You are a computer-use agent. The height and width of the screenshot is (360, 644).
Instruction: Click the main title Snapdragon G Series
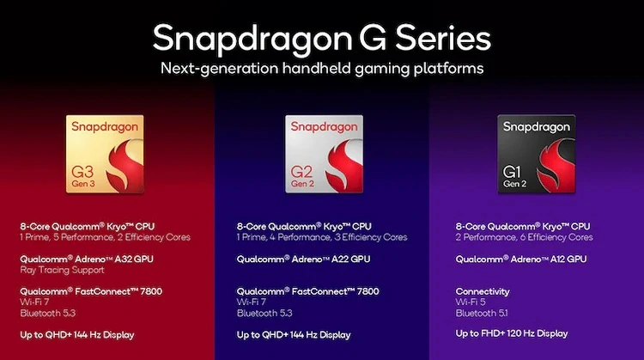coord(321,39)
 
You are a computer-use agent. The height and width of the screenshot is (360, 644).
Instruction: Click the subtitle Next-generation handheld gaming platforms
coord(321,68)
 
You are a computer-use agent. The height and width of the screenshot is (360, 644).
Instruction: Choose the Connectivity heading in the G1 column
coord(483,291)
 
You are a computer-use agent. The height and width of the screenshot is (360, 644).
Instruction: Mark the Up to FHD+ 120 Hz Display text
coord(512,333)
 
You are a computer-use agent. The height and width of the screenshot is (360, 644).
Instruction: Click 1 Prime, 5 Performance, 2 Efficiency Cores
coord(105,236)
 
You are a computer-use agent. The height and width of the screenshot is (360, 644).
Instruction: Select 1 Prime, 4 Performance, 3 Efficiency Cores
coord(321,236)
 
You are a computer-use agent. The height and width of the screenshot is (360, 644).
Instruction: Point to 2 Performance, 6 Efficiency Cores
coord(524,236)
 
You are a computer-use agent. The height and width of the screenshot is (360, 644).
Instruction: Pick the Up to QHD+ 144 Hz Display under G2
coord(293,334)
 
